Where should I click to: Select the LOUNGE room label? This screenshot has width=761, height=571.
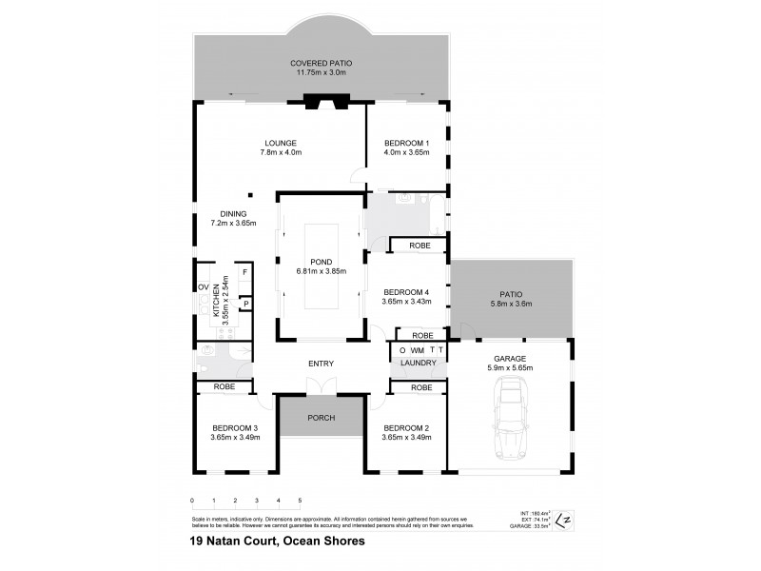(281, 143)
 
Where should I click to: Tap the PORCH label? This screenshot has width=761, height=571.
(322, 418)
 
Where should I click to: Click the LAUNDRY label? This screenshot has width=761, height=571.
(419, 364)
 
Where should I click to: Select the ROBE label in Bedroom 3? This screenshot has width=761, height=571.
(224, 387)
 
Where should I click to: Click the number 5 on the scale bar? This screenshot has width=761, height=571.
(300, 500)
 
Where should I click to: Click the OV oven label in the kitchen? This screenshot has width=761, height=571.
(203, 287)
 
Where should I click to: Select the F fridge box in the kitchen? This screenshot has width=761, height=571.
(244, 273)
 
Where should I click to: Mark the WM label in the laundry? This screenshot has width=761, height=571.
(417, 351)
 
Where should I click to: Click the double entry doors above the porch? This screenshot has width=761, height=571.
(322, 385)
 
